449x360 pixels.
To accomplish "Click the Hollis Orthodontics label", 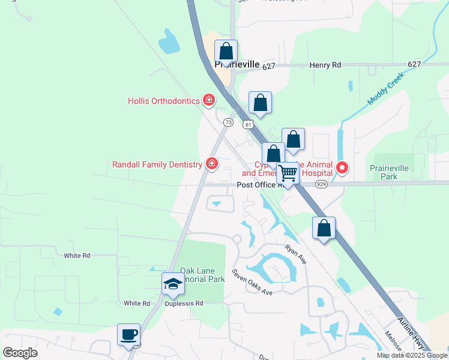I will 163,101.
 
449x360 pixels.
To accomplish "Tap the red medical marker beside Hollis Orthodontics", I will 209,100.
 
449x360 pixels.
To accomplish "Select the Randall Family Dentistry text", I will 157,164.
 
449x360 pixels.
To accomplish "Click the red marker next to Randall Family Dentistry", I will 211,163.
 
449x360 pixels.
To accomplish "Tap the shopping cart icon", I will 288,173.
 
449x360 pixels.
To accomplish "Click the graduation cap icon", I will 173,284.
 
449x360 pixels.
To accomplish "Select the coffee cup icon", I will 129,335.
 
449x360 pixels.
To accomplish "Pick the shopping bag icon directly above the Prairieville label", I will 226,50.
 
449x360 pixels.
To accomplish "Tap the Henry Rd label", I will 325,65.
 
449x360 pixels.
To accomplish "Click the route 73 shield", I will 228,122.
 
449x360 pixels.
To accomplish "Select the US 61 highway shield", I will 249,124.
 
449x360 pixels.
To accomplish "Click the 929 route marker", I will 322,185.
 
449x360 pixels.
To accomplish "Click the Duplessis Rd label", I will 184,304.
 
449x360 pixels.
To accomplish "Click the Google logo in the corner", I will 20,353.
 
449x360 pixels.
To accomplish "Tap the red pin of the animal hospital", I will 342,167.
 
